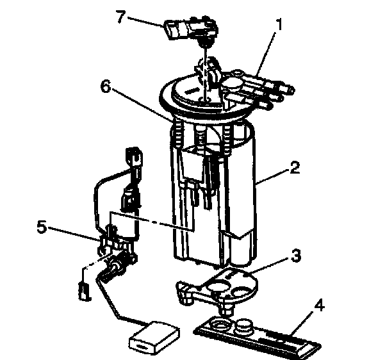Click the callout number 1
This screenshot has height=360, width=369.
coord(279,24)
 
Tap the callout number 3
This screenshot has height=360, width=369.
coord(296,256)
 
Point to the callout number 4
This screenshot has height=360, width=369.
coord(319,306)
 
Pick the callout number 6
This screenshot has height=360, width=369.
coord(106,86)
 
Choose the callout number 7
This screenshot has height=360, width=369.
coord(122,17)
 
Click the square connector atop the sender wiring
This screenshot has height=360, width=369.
coord(135,156)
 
